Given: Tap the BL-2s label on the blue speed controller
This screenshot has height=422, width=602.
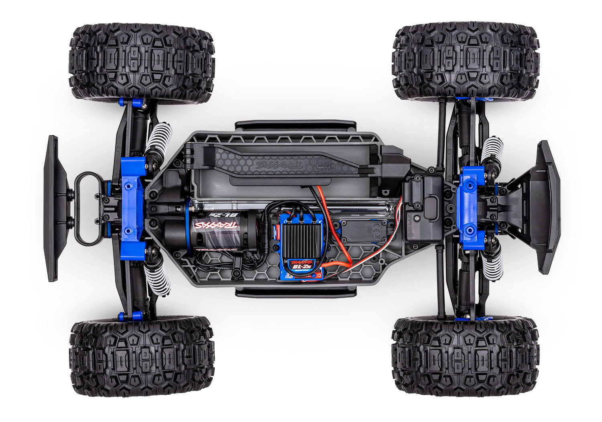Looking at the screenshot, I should (x=301, y=265).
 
